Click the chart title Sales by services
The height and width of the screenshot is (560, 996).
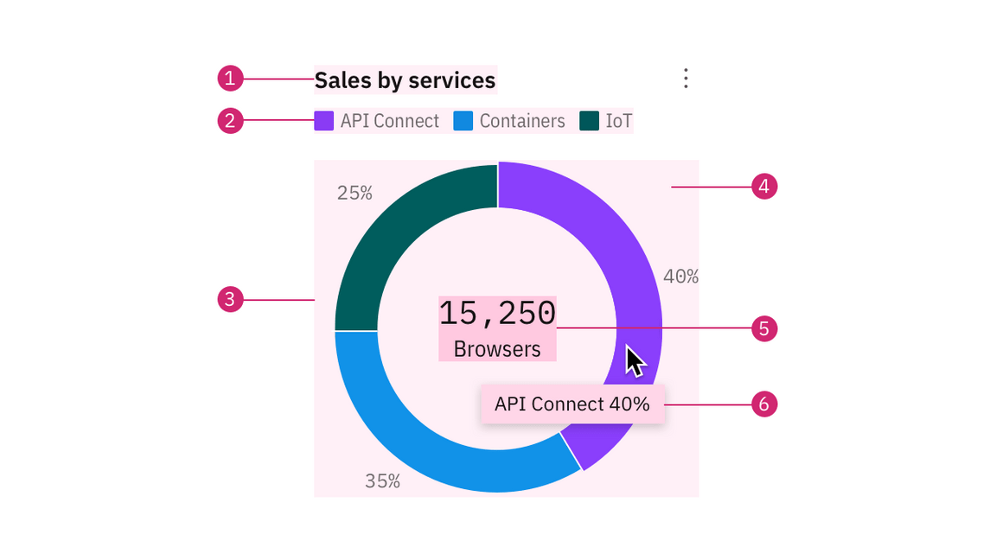pyautogui.click(x=405, y=80)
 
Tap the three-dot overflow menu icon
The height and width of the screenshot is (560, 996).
pyautogui.click(x=686, y=79)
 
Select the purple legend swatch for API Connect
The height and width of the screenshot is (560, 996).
pyautogui.click(x=324, y=121)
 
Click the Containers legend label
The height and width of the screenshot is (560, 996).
pyautogui.click(x=522, y=121)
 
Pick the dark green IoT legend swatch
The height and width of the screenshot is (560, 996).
pyautogui.click(x=589, y=121)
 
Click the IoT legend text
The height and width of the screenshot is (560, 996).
pyautogui.click(x=618, y=121)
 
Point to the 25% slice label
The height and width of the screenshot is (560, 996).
pyautogui.click(x=354, y=194)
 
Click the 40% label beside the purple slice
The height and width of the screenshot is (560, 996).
pyautogui.click(x=680, y=277)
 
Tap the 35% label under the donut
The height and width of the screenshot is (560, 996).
pyautogui.click(x=382, y=481)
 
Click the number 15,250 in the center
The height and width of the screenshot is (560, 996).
pyautogui.click(x=497, y=313)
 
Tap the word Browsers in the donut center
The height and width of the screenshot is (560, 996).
pyautogui.click(x=497, y=349)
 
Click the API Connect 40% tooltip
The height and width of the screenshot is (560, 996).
pyautogui.click(x=572, y=404)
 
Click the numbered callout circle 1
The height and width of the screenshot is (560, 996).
pyautogui.click(x=230, y=80)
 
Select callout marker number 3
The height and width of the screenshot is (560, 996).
pyautogui.click(x=230, y=300)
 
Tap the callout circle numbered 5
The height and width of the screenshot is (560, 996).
pyautogui.click(x=764, y=328)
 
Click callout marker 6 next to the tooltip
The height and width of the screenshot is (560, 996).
pyautogui.click(x=764, y=404)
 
